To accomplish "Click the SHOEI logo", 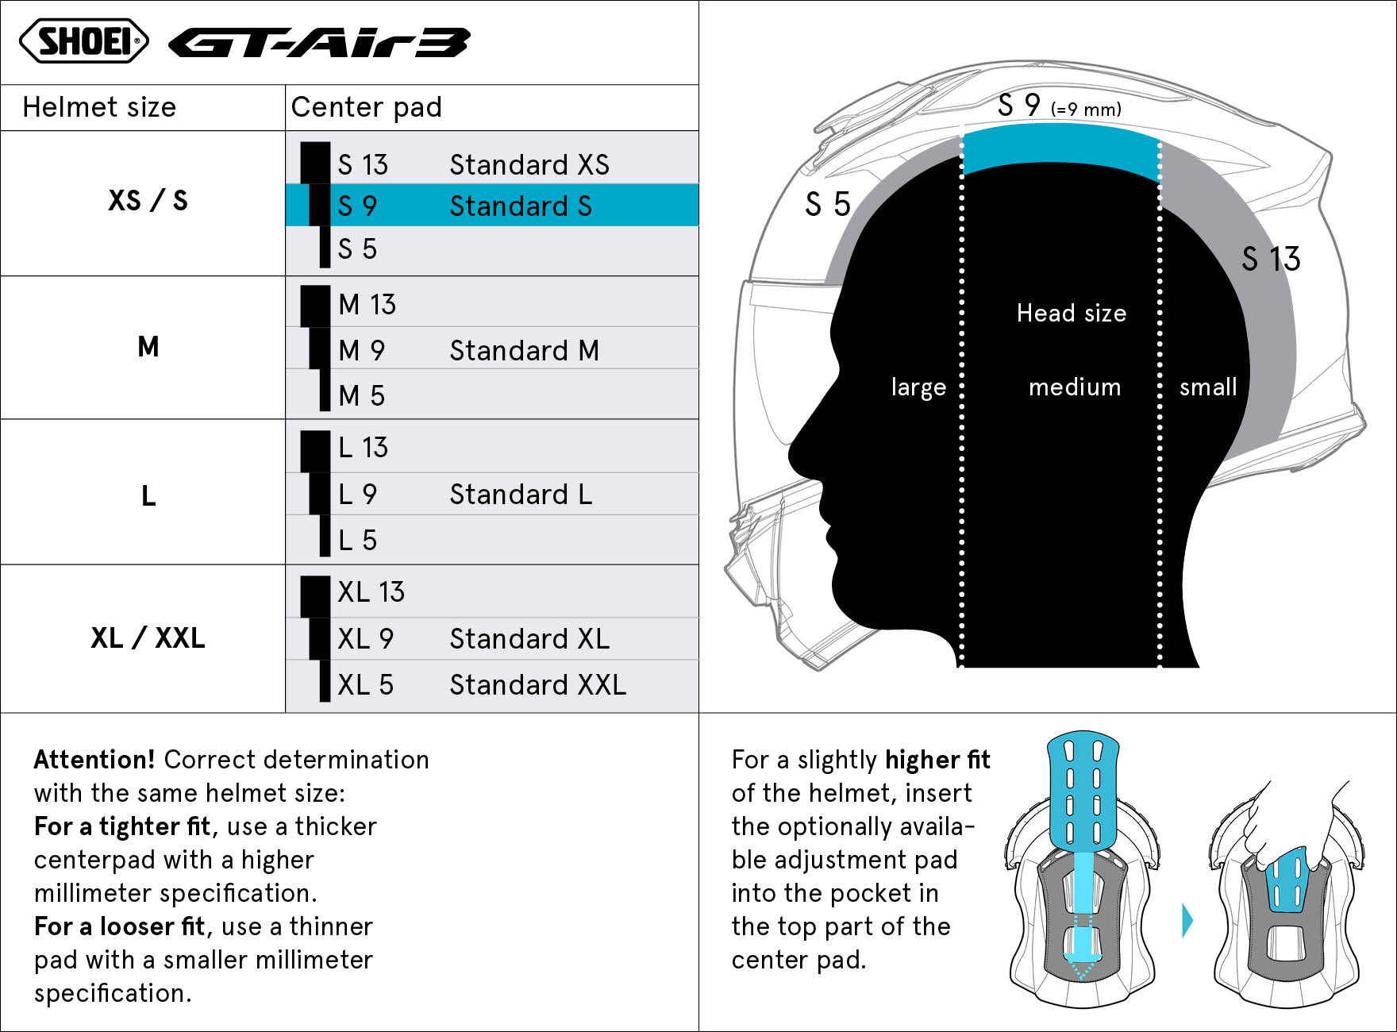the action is point(84,41).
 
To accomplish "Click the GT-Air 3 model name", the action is point(319,43).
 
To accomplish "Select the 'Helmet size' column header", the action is point(99,107).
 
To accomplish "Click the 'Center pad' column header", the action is point(366,107).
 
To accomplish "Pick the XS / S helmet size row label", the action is point(148,200).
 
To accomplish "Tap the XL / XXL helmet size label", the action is point(148,637).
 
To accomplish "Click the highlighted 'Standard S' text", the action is point(521,206).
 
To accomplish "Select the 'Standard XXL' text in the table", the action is point(537,684).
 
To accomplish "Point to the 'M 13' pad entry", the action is point(367,304).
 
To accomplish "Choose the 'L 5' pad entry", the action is point(357,540).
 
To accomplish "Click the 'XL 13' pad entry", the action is point(371,592).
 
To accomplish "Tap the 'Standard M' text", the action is point(524,350).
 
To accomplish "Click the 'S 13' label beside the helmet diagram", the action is point(1271,259).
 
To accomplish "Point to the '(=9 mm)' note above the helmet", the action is point(1086,110).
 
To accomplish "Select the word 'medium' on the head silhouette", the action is point(1075,387).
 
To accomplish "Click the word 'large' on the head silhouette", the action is point(918,387).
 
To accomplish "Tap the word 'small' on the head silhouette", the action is point(1208,387).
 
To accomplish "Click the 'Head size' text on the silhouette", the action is point(1072,313).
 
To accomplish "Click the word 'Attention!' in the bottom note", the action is point(94,760).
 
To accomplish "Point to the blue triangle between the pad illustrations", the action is point(1187,920).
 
